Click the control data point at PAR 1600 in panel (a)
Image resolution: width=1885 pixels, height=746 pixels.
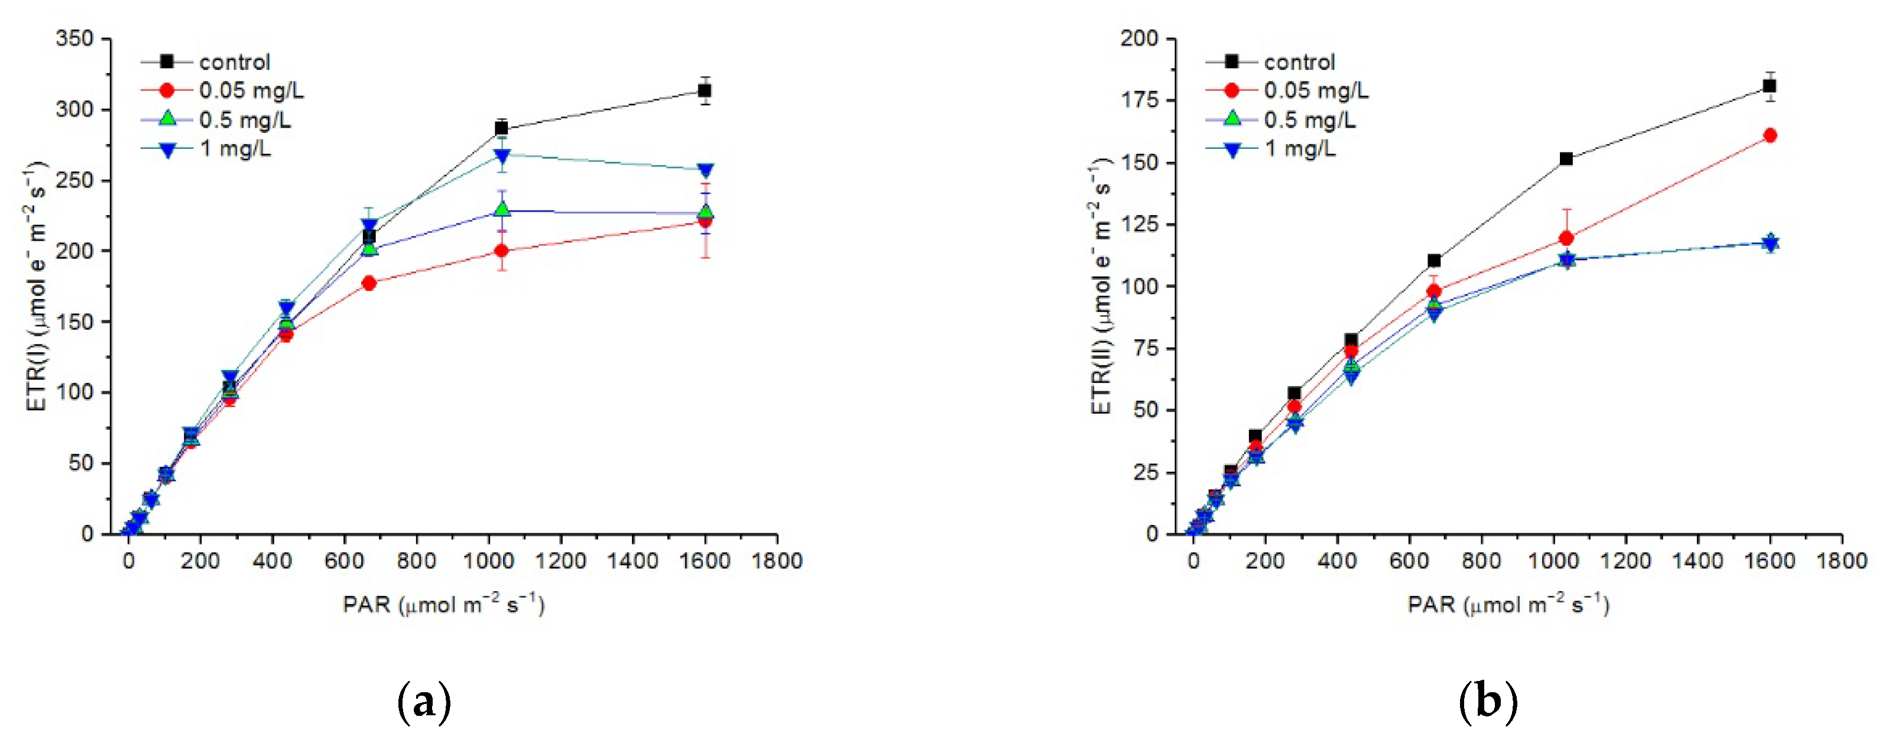(x=705, y=91)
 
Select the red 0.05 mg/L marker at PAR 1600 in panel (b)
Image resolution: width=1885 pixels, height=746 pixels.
(x=1770, y=135)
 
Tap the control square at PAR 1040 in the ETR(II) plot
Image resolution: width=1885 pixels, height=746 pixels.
(x=1566, y=159)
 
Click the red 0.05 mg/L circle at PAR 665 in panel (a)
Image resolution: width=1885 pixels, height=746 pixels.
(x=369, y=283)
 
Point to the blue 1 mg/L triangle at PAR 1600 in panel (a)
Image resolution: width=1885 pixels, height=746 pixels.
(x=705, y=171)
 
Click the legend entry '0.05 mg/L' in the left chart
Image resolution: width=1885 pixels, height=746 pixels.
(x=251, y=91)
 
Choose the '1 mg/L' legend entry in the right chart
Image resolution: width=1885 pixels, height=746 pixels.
(x=1300, y=148)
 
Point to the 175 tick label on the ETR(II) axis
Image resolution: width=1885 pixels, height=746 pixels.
(x=1140, y=100)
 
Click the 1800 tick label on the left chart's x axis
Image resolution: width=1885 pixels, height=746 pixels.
(x=776, y=561)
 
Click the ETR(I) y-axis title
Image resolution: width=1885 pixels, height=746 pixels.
(x=37, y=286)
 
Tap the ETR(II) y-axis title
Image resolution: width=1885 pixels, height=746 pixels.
(x=1101, y=286)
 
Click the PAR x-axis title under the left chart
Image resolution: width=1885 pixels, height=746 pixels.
(x=443, y=605)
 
